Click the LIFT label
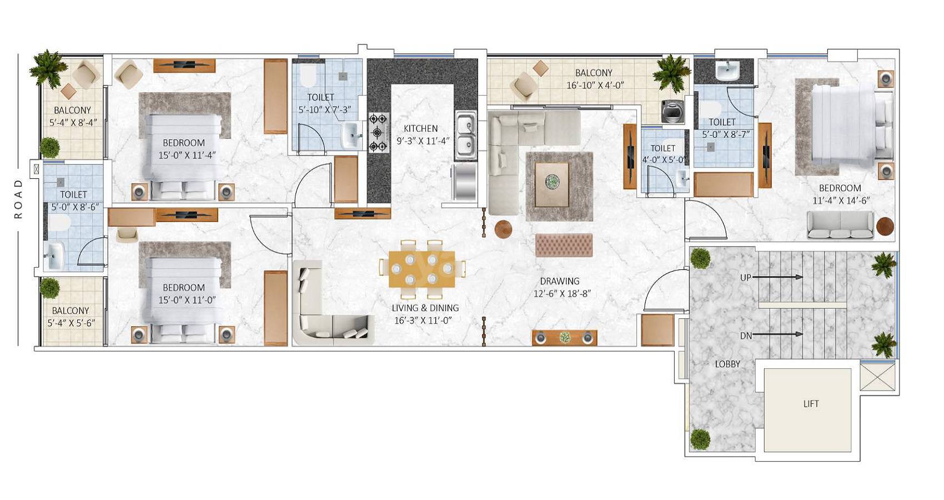click(x=811, y=404)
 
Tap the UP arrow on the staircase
click(x=777, y=277)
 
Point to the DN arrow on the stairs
click(x=777, y=334)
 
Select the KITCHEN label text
click(x=420, y=128)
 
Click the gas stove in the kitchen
click(x=379, y=132)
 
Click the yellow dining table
click(x=421, y=269)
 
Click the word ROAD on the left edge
click(x=18, y=198)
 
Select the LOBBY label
click(x=727, y=364)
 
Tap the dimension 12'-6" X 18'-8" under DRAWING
click(x=561, y=293)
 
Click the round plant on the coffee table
click(x=552, y=182)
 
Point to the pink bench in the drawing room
click(x=564, y=245)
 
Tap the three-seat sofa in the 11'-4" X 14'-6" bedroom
click(x=840, y=225)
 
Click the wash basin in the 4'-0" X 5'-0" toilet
click(x=682, y=178)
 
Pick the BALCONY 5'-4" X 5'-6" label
click(x=71, y=317)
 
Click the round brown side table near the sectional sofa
click(x=503, y=229)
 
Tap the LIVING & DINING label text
click(x=425, y=308)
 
